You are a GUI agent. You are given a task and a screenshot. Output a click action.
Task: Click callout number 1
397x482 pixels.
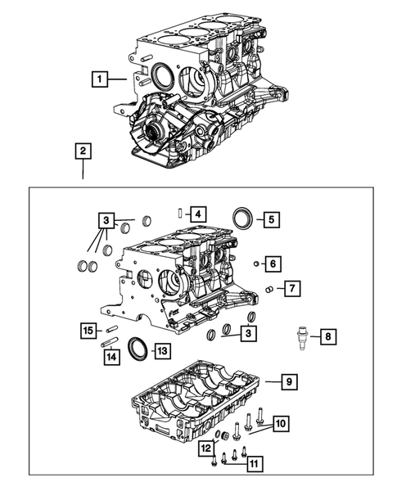99,79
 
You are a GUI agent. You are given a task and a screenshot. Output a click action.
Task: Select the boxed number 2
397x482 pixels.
83,151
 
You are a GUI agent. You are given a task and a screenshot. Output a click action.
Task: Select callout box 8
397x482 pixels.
326,336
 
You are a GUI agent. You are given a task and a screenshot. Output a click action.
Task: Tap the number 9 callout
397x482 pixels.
287,381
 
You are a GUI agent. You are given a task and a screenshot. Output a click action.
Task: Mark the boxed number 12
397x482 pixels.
206,447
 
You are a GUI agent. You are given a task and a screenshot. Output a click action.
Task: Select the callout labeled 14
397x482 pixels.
109,356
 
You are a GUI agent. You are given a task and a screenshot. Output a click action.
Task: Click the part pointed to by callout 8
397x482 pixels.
303,336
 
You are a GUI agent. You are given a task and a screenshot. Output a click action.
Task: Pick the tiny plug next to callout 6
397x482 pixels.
256,264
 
